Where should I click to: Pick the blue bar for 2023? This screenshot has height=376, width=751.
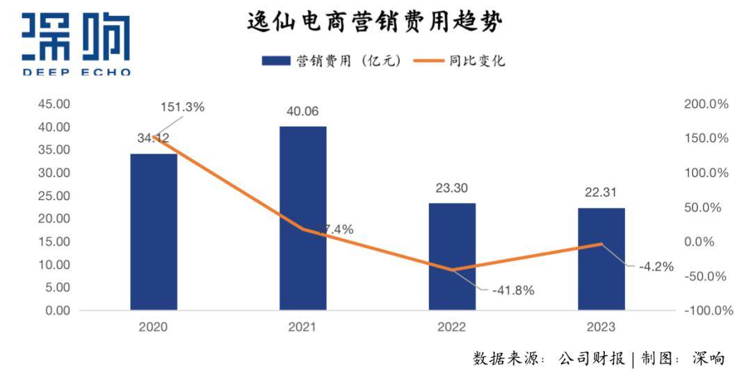(601, 259)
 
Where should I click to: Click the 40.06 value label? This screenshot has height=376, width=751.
(303, 111)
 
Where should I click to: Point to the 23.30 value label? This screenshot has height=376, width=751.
(452, 187)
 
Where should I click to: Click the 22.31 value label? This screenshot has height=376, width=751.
(601, 192)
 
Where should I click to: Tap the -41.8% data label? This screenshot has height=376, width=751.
(513, 291)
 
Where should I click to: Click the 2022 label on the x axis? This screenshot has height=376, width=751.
(452, 327)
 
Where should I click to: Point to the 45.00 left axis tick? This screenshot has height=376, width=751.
(54, 104)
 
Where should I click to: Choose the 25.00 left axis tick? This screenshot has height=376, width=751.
(54, 196)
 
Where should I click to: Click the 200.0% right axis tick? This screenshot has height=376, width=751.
(706, 104)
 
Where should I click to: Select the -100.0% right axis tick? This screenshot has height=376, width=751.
(706, 311)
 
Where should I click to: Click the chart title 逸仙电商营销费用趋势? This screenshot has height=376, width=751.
(375, 22)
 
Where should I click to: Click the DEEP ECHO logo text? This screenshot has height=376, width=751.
(76, 72)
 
